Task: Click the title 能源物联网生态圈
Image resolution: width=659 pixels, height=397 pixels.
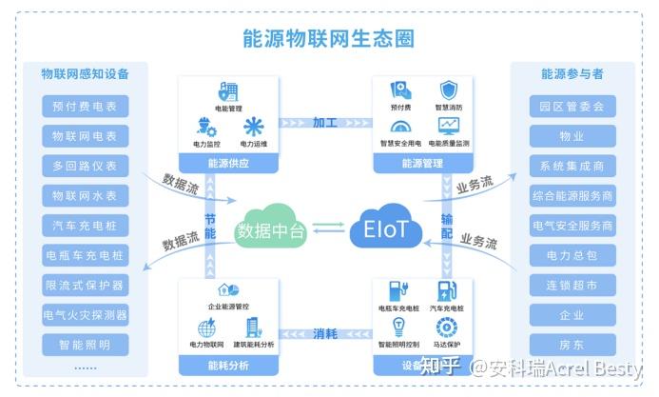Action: click(x=328, y=38)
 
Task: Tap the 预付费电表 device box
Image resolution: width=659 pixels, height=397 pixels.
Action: click(x=86, y=107)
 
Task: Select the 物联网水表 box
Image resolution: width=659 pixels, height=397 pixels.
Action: click(x=86, y=195)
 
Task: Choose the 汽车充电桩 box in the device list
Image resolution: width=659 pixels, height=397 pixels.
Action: click(x=86, y=226)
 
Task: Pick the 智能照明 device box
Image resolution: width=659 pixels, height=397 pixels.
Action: click(x=86, y=344)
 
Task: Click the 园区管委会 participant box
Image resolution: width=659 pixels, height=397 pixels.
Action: click(x=572, y=107)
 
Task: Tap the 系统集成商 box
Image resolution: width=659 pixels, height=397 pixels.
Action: click(x=572, y=166)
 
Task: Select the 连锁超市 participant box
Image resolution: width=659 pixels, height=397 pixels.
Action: click(x=572, y=285)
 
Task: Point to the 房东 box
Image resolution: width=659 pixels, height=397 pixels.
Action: click(x=572, y=344)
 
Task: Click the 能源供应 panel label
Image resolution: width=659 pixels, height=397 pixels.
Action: click(x=227, y=163)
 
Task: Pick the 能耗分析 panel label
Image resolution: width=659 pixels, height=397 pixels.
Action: click(x=227, y=364)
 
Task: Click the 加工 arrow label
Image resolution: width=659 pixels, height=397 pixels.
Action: click(x=325, y=123)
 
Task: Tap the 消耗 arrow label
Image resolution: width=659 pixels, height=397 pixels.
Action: click(x=325, y=333)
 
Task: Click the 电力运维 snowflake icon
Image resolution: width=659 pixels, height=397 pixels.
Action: click(x=254, y=127)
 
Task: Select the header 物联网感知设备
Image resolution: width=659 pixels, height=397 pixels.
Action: click(x=86, y=74)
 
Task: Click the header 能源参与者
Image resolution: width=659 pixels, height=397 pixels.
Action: click(x=572, y=74)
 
